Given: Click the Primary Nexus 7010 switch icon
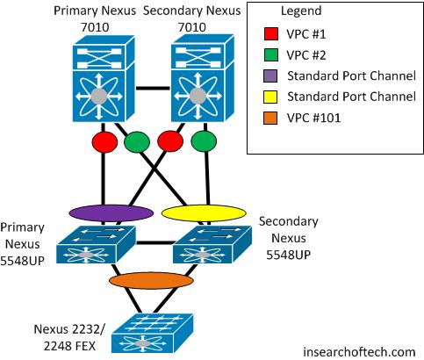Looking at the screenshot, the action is tap(104, 79).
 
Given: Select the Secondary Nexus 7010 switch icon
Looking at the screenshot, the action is tap(203, 78).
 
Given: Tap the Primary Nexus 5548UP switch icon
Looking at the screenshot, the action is tap(96, 245).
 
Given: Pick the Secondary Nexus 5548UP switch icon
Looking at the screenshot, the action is tap(212, 245).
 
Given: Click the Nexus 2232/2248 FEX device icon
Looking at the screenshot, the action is tap(152, 334).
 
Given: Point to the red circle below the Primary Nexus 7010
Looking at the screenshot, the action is tap(104, 142).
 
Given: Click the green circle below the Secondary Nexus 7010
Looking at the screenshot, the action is tap(204, 141).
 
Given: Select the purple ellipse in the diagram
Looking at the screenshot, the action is tap(111, 213).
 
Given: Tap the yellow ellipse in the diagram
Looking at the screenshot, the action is tap(204, 213).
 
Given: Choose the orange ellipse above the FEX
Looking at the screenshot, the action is tap(151, 281).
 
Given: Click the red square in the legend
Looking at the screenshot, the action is tap(270, 33).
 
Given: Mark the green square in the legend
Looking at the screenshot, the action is tap(270, 54).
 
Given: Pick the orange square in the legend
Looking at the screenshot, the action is tap(270, 118).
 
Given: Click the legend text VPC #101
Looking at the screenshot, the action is tap(313, 118).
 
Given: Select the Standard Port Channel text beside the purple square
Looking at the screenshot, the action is tap(351, 76).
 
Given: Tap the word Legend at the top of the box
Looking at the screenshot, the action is tap(301, 11).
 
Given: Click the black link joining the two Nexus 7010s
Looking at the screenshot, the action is tap(153, 88).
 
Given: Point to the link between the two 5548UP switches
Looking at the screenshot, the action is tap(155, 242).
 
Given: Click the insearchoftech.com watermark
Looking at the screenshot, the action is tap(359, 351).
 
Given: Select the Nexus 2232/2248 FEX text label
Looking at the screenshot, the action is tap(69, 337).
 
